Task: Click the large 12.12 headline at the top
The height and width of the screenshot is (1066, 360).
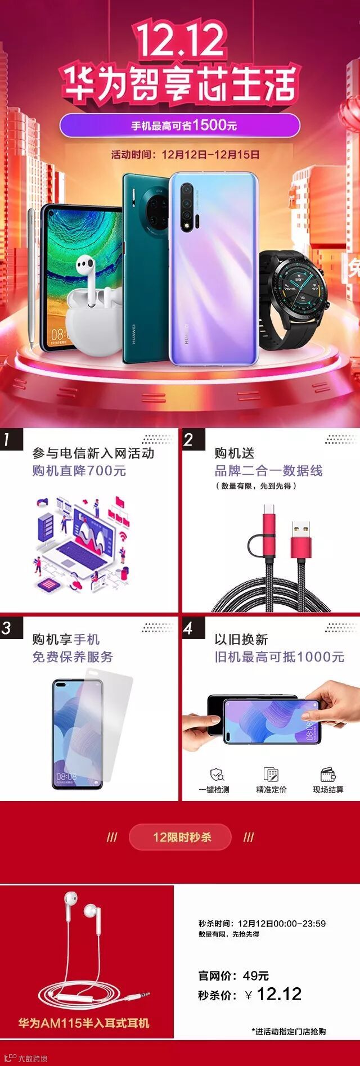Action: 181,41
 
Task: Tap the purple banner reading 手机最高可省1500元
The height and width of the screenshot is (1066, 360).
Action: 180,125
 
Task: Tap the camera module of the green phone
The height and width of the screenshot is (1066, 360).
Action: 153,208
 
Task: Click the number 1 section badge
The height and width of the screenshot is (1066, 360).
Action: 8,439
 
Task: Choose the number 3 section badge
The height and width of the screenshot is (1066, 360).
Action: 8,627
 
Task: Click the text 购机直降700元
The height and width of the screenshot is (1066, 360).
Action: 79,471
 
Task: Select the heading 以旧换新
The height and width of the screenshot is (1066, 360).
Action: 241,640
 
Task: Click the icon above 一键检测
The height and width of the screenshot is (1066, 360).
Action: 217,774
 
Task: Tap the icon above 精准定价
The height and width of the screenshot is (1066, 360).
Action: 271,774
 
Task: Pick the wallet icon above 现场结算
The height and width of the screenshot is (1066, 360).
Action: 328,774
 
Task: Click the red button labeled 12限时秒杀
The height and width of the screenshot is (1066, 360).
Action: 180,837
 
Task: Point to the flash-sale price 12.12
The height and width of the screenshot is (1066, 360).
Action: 279,994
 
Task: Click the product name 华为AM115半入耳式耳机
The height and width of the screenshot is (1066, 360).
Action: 84,1023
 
